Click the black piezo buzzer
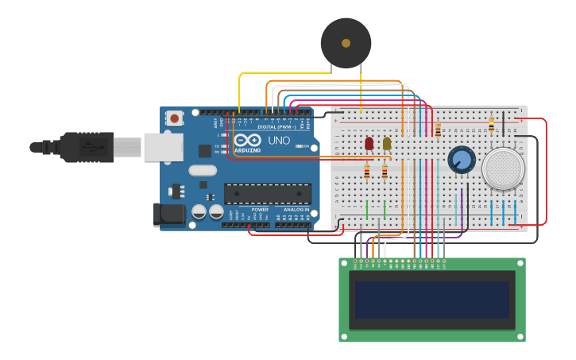pos(346,43)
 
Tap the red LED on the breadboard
pos(369,143)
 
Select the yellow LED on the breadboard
pos(387,143)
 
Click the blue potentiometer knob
pos(462,159)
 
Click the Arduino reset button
pos(174,118)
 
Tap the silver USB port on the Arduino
pos(163,147)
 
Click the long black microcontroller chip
pos(268,193)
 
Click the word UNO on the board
pos(279,141)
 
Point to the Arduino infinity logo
pos(247,140)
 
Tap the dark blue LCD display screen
pos(432,298)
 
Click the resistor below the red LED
pos(366,170)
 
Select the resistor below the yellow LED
pos(385,171)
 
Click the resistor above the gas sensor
pos(491,124)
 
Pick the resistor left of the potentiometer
pos(438,130)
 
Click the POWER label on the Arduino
pos(260,210)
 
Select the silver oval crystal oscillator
pos(203,169)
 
